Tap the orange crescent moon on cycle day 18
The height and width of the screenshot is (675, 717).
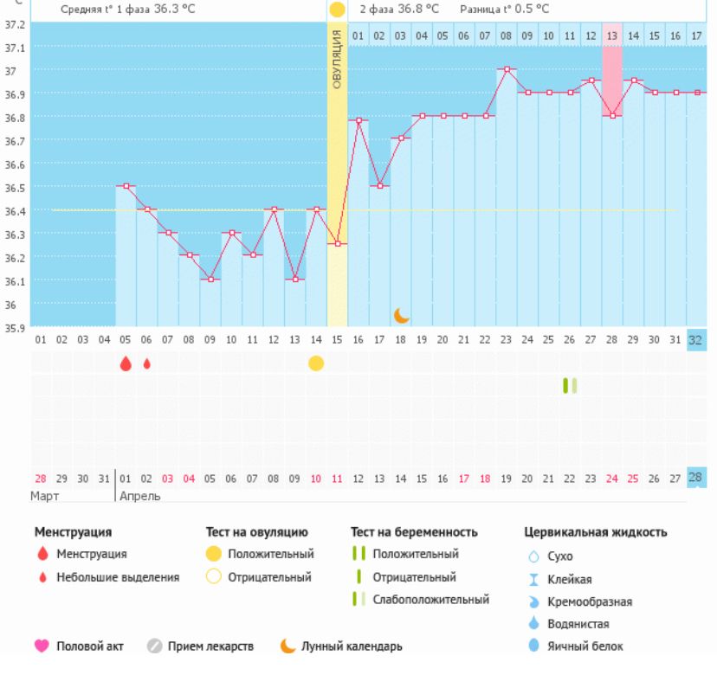pos(401,315)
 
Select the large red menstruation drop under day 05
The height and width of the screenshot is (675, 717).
pos(126,363)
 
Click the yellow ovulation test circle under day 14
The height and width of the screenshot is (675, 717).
pos(316,363)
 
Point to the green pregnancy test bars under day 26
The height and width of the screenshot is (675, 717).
pos(569,385)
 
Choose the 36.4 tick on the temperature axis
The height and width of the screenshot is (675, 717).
pos(16,210)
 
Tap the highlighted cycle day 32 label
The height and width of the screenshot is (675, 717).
pos(696,340)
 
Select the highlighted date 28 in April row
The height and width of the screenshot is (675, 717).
pos(696,478)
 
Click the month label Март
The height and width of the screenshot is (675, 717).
pos(45,497)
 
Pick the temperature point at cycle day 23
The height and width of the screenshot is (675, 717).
pos(507,69)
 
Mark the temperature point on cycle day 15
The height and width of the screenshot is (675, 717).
pos(337,244)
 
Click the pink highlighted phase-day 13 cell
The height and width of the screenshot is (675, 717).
pos(612,35)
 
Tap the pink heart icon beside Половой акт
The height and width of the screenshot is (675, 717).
pos(42,646)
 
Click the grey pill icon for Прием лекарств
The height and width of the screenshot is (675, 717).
pos(154,646)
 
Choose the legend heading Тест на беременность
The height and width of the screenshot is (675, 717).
pos(414,532)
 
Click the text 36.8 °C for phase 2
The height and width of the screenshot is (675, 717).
pos(399,9)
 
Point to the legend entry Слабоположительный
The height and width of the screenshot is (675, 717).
pos(430,600)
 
